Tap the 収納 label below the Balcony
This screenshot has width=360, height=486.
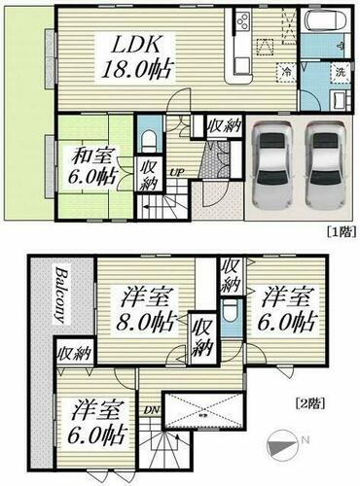tap(70, 353)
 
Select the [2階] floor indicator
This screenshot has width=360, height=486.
tap(308, 401)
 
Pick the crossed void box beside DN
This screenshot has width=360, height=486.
tap(205, 413)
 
